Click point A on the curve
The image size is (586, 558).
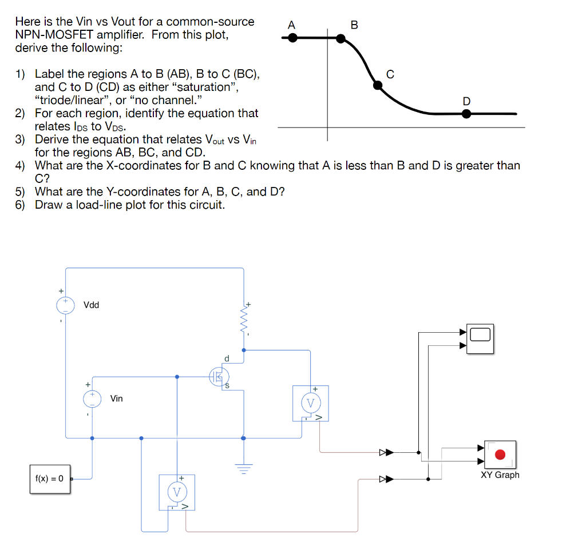[292, 38]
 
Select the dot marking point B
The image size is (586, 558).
[340, 38]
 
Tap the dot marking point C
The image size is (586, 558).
[378, 85]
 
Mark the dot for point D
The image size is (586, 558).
[466, 114]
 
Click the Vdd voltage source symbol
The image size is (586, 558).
[66, 304]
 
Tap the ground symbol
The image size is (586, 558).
[244, 469]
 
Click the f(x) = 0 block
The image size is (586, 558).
[49, 479]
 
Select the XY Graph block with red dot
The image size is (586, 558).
[500, 455]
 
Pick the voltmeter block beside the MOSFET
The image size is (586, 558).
[310, 403]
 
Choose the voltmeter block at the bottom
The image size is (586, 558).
[177, 492]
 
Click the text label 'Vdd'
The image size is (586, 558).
[91, 305]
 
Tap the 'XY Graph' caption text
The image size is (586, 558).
[500, 475]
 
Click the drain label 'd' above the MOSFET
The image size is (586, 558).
[227, 358]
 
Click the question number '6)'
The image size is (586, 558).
[21, 205]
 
